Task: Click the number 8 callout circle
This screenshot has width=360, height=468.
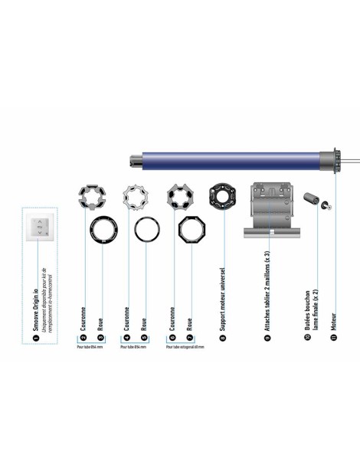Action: coord(222,336)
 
